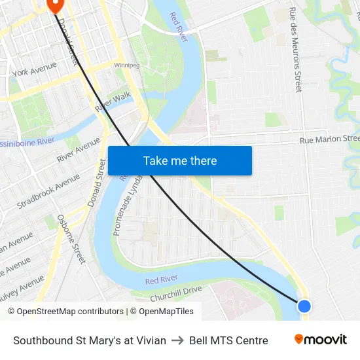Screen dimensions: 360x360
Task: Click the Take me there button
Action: [180, 161]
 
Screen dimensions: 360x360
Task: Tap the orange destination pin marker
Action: [54, 5]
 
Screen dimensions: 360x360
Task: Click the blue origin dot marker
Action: [304, 306]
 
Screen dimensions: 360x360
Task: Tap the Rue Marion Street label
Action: [329, 139]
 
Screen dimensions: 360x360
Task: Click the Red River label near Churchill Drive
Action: [162, 280]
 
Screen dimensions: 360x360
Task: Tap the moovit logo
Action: [321, 340]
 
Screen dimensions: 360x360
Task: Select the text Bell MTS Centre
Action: [228, 340]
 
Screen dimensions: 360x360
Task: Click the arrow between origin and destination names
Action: [177, 340]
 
